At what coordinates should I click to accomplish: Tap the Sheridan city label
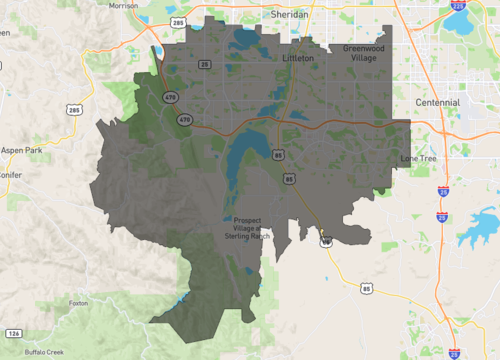click(288, 15)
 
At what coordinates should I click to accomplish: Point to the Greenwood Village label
click(363, 53)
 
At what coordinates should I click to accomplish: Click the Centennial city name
click(438, 102)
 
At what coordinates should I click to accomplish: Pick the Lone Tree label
click(419, 158)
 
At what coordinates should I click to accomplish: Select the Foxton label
click(79, 303)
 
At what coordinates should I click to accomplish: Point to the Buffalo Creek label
click(45, 352)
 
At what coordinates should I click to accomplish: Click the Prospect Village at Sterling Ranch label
click(246, 229)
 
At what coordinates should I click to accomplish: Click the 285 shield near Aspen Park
click(74, 108)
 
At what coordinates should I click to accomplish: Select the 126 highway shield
click(13, 332)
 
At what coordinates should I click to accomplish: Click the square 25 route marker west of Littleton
click(204, 65)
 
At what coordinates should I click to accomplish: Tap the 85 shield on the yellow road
click(366, 290)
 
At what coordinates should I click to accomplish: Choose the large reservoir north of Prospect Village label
click(240, 160)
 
